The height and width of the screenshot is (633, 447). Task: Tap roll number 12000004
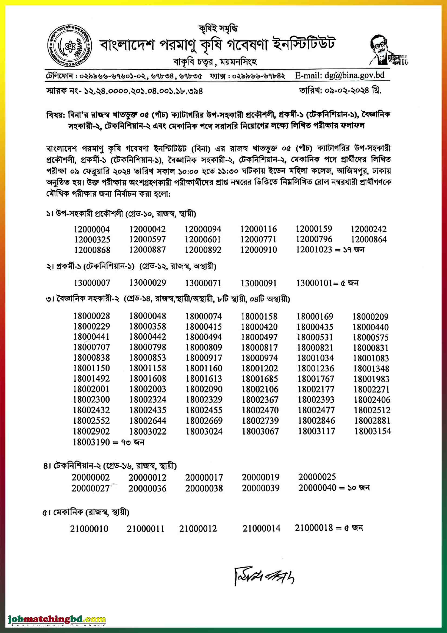pos(92,229)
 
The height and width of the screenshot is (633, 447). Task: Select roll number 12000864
pos(369,239)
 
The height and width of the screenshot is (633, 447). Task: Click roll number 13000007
pos(92,283)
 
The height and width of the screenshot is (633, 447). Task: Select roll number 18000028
pos(91,316)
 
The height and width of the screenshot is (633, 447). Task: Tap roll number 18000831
pos(371,348)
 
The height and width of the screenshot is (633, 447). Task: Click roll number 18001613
pos(204,379)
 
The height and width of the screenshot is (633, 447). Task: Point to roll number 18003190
pos(91,442)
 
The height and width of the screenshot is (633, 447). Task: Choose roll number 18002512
pos(372,410)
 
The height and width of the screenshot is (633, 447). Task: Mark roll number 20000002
pos(91,477)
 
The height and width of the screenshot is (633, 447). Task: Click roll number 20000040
pos(317,488)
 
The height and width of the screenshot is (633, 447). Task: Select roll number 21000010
pos(89,529)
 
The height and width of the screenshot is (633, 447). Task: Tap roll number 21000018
pos(314,528)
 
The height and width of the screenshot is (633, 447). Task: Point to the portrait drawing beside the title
pos(384,50)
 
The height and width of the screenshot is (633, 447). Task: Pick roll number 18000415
pos(204,327)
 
